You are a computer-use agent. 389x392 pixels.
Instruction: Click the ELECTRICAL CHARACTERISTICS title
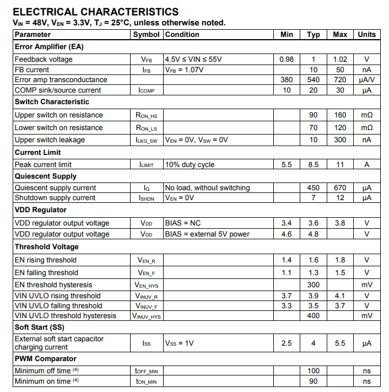[95, 12]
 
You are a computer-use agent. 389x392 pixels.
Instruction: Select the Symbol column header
[147, 34]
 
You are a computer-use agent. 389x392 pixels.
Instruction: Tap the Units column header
[366, 34]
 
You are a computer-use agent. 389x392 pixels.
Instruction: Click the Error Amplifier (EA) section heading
[49, 46]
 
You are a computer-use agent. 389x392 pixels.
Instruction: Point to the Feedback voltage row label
[44, 59]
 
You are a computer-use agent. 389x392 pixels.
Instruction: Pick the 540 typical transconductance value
[313, 79]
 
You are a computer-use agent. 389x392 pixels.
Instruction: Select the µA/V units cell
[366, 79]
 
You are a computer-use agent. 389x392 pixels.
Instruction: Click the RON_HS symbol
[147, 115]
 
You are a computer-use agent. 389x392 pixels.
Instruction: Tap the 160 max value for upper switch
[340, 115]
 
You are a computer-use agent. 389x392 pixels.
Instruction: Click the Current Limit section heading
[38, 152]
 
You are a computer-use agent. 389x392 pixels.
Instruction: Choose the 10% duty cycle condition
[190, 164]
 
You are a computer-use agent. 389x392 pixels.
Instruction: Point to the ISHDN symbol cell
[147, 198]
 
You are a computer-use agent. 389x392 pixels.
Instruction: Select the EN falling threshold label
[46, 272]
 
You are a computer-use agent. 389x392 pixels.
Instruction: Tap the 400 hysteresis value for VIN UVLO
[313, 316]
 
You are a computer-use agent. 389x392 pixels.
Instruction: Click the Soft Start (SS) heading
[39, 327]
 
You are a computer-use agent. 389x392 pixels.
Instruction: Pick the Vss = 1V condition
[179, 343]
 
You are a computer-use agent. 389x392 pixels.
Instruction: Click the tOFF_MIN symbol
[147, 371]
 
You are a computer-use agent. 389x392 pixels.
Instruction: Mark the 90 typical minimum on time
[313, 381]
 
